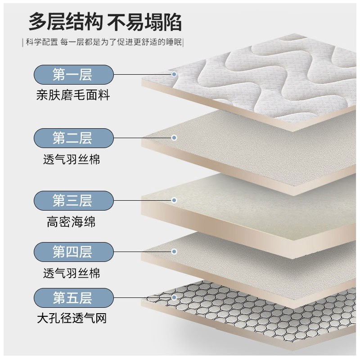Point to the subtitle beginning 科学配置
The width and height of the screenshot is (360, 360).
[104, 43]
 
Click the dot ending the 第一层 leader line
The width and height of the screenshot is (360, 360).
[174, 75]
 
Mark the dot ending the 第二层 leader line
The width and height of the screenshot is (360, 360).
[174, 138]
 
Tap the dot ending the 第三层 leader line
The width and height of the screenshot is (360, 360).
[174, 201]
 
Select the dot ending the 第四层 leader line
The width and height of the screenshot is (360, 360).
[174, 252]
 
